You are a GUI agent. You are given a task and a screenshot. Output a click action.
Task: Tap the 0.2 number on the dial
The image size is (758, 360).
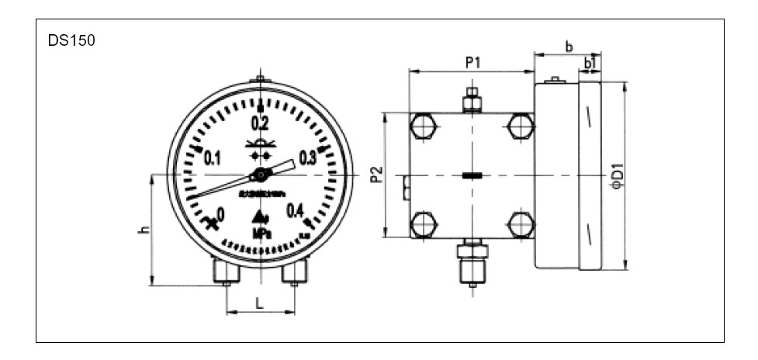click(259, 123)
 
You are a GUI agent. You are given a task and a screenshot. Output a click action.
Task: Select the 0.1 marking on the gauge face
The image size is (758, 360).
click(213, 158)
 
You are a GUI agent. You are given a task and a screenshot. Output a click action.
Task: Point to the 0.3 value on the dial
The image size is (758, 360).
click(307, 158)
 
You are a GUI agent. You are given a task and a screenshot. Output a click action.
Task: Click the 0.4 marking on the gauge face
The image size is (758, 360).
click(295, 210)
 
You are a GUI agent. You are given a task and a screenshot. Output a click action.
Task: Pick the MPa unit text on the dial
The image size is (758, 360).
click(260, 233)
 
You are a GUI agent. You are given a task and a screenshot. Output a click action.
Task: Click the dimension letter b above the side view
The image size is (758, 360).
click(569, 47)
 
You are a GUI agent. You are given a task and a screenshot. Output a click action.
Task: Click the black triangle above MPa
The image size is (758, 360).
click(259, 216)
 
